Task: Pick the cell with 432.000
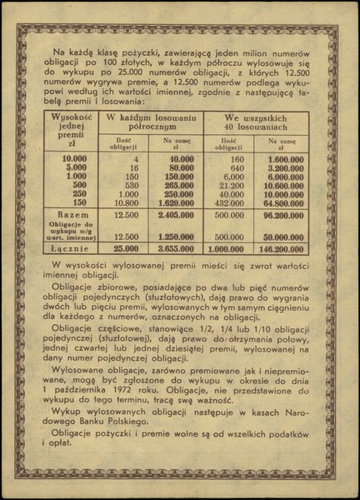(x=236, y=201)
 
